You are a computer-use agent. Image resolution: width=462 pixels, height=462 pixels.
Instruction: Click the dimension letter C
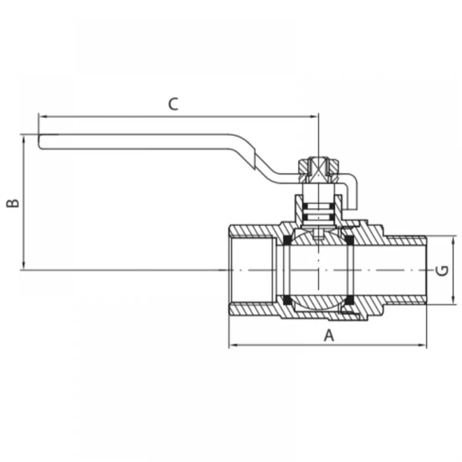(x=173, y=104)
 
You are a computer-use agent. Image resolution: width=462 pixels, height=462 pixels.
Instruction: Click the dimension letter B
(x=13, y=203)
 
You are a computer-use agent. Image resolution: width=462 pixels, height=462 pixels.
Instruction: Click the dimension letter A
(x=329, y=335)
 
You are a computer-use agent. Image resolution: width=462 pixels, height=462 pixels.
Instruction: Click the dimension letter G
(x=442, y=270)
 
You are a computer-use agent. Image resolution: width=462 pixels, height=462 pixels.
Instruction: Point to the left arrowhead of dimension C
(x=43, y=117)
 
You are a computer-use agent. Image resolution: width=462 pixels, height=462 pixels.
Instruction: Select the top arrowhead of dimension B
(x=24, y=140)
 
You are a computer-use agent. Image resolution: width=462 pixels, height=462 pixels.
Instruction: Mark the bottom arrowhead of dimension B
(x=24, y=265)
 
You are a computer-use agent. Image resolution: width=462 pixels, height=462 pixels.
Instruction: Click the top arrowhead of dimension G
(x=453, y=241)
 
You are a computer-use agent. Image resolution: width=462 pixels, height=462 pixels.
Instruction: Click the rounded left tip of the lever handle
(x=39, y=142)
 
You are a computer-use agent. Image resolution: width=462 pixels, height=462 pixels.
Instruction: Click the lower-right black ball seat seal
(x=350, y=300)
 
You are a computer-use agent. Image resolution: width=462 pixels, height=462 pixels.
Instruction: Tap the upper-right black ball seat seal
(x=350, y=240)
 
